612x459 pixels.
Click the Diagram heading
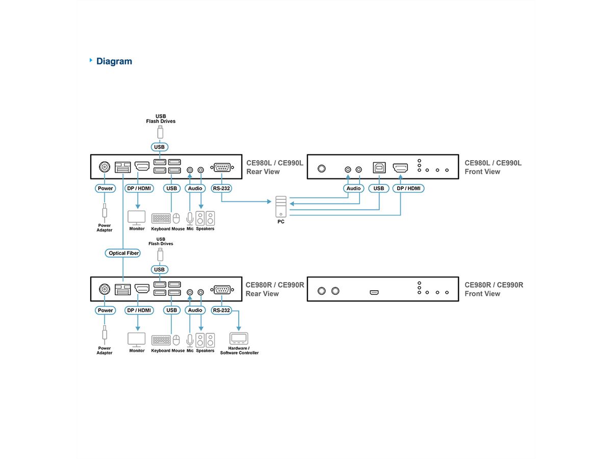pos(114,61)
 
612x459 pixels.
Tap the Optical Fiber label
pos(124,253)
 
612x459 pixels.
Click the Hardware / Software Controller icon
pos(239,338)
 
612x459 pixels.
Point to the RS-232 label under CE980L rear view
pos(222,188)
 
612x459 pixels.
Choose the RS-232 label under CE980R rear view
pos(222,310)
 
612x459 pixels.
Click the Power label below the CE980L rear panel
pos(105,188)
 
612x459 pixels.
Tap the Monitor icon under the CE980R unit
pos(136,340)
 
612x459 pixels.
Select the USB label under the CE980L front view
pos(378,188)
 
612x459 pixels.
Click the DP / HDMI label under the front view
pos(408,188)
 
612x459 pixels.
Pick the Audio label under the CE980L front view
pos(353,188)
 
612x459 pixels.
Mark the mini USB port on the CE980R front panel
pos(374,292)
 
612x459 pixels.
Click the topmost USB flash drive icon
pos(160,132)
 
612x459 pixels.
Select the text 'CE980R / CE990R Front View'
pos(494,289)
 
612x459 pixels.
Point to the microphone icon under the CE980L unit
pos(190,218)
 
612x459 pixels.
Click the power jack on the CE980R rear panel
pos(105,290)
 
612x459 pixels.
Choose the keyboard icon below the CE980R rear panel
pos(161,340)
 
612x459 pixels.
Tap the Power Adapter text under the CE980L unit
pos(105,227)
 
